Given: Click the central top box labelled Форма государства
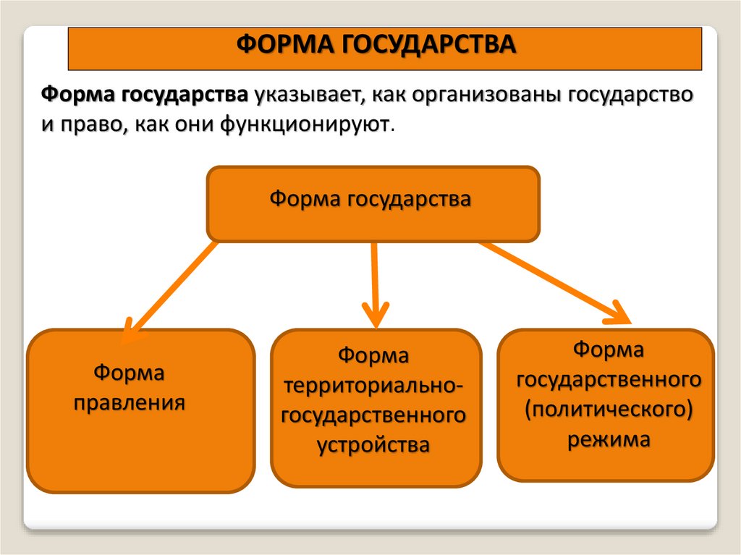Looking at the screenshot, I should [x=373, y=203].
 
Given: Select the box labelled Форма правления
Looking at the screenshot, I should [x=140, y=410].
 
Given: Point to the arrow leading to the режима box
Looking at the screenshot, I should [x=557, y=281].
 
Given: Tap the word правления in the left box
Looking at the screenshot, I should [x=129, y=402].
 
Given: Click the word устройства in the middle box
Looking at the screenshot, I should [x=374, y=444].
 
